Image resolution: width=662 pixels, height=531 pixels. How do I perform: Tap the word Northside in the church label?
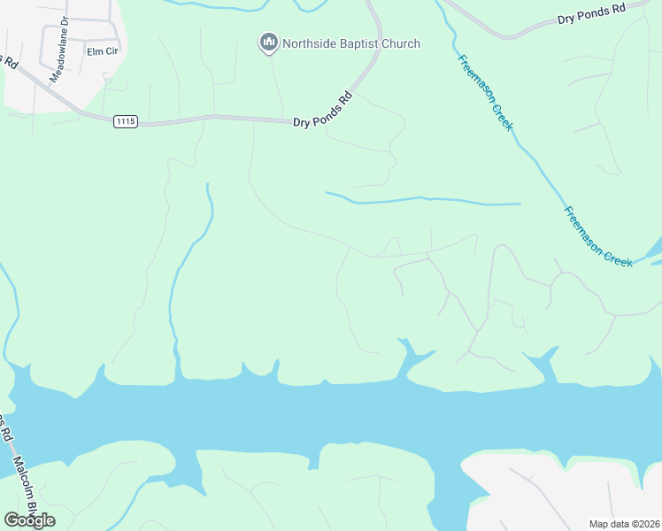(x=308, y=43)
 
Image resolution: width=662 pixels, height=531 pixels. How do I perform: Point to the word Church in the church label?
(x=401, y=43)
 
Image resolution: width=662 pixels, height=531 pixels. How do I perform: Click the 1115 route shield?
(x=126, y=121)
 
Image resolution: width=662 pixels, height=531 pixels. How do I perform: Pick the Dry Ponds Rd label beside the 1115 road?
(x=323, y=110)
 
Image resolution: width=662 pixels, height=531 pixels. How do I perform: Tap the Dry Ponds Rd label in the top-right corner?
(x=591, y=14)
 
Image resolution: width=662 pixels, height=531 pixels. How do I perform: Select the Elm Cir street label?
(x=102, y=51)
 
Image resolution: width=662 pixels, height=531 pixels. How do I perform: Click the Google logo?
(x=29, y=520)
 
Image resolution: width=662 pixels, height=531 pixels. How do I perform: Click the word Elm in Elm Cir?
(x=95, y=51)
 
